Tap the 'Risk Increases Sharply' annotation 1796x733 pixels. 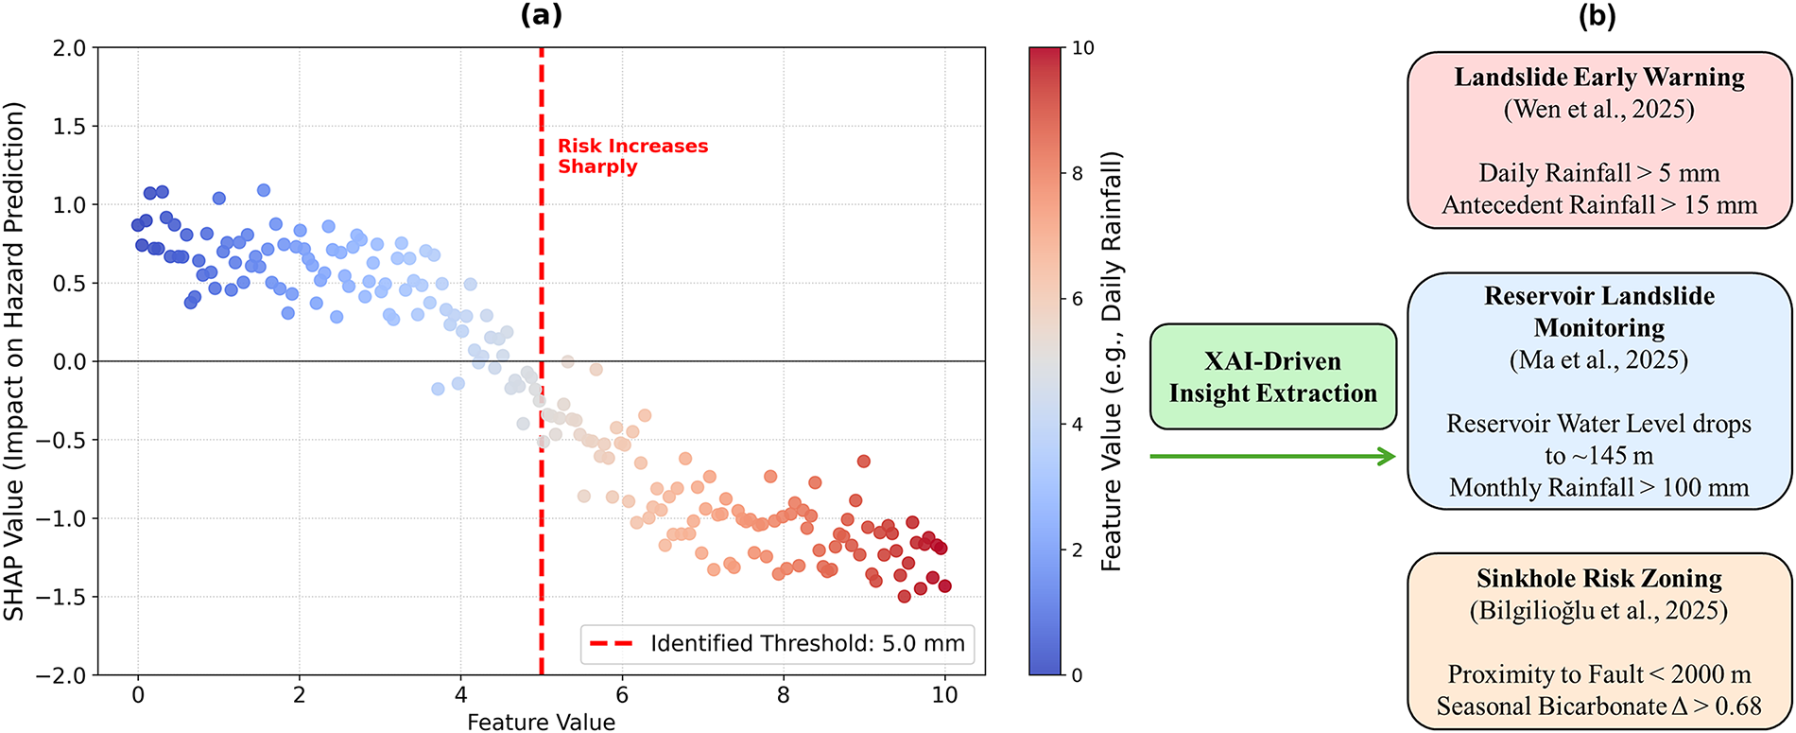(x=631, y=156)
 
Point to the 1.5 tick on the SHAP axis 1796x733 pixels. (x=71, y=126)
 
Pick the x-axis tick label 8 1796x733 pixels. (x=783, y=695)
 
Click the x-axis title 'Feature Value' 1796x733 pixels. (x=541, y=723)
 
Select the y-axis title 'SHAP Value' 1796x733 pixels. (x=14, y=361)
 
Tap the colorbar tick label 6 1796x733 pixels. (x=1077, y=299)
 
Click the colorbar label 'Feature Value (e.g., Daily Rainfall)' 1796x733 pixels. (x=1111, y=361)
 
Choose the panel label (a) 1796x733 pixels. (x=542, y=15)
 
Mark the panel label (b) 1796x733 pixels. (x=1598, y=15)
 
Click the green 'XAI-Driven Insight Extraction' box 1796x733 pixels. (x=1272, y=376)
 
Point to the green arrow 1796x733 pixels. (x=1272, y=457)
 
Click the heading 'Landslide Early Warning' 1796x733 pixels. (x=1599, y=77)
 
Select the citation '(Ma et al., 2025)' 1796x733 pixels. (x=1598, y=359)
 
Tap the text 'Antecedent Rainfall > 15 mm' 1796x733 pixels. (x=1599, y=205)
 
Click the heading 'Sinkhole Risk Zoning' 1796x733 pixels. (x=1599, y=578)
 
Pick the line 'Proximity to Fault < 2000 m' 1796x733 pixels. (x=1599, y=674)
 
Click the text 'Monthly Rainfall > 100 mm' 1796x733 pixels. (x=1599, y=487)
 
